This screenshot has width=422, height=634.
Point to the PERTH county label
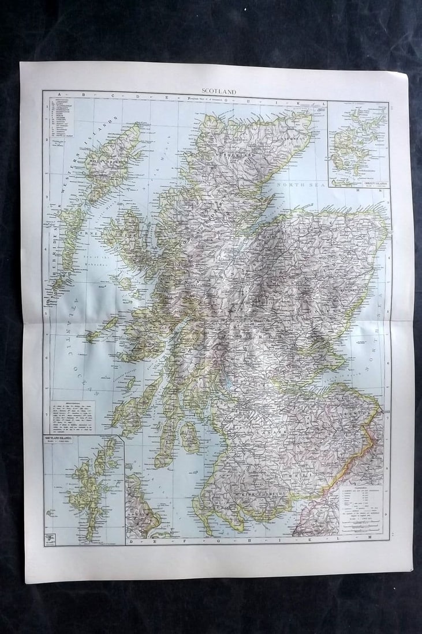tap(266, 334)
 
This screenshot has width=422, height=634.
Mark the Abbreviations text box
tap(72, 416)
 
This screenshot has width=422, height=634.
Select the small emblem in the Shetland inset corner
tap(50, 539)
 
